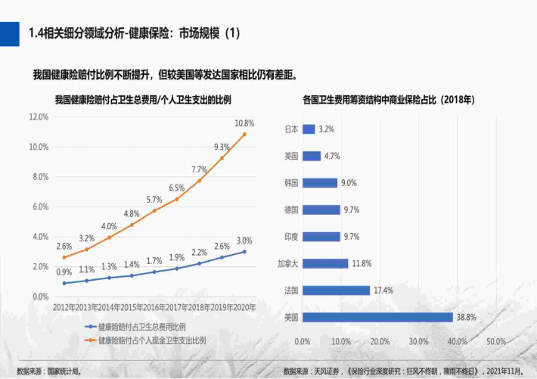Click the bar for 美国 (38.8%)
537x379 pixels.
coord(377,317)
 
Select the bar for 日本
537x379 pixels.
coord(309,129)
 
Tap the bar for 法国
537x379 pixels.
coord(336,290)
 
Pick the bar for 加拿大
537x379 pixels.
coord(325,263)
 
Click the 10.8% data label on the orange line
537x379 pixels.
coord(244,123)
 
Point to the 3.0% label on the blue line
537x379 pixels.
coord(244,241)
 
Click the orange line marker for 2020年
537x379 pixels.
coord(244,135)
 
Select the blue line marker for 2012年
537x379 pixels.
coord(65,283)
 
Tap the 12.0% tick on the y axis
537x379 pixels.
coord(39,117)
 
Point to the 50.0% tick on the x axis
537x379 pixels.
coord(495,342)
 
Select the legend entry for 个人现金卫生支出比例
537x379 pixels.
coord(152,340)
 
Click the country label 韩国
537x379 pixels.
coord(291,183)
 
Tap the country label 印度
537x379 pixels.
coord(291,237)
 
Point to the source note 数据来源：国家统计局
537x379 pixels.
coord(48,371)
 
